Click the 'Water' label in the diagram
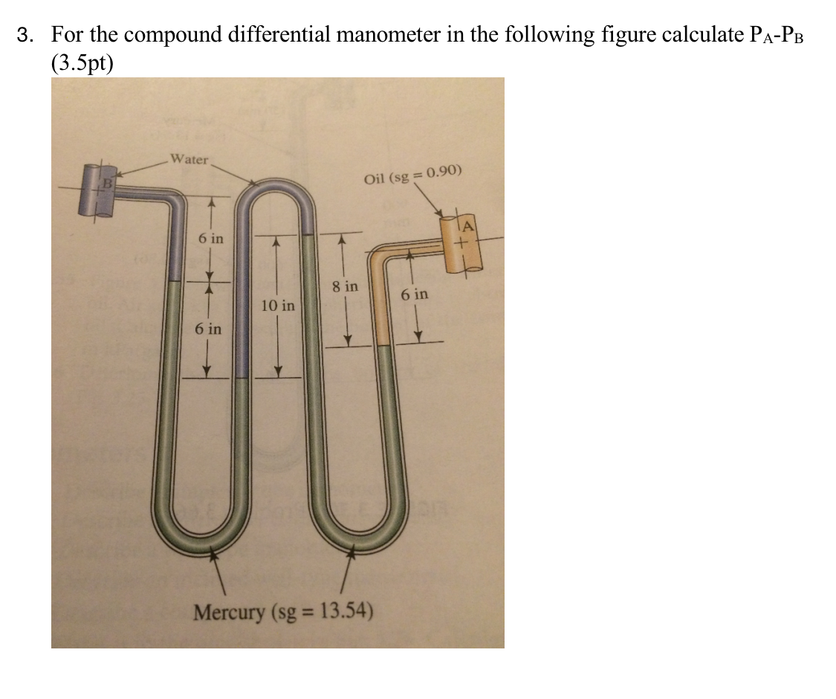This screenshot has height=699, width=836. point(189,158)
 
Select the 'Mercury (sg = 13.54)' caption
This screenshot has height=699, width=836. point(283,613)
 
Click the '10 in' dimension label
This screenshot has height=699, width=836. point(278,306)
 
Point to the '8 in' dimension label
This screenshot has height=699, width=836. point(345,286)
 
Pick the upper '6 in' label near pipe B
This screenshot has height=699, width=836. point(210,239)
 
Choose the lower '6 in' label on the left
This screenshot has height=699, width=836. point(208,329)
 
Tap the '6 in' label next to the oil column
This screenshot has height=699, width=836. point(415,294)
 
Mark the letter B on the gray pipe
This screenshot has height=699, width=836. point(106,181)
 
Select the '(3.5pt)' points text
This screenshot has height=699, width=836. point(82,62)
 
